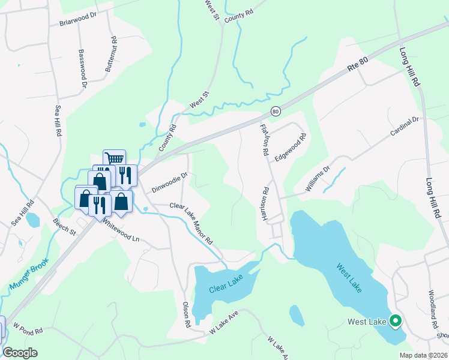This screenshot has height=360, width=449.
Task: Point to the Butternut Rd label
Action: pyautogui.click(x=111, y=55)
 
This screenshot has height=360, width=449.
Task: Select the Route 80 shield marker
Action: pyautogui.click(x=276, y=111)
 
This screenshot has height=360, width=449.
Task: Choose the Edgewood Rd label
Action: pyautogui.click(x=291, y=146)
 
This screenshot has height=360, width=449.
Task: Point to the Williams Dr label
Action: pyautogui.click(x=318, y=179)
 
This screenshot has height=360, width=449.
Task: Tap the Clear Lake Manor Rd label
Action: pyautogui.click(x=191, y=223)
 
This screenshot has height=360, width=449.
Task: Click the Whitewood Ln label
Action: pyautogui.click(x=120, y=230)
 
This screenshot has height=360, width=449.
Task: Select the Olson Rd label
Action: pyautogui.click(x=186, y=314)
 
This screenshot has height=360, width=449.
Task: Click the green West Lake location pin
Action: pyautogui.click(x=395, y=322)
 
